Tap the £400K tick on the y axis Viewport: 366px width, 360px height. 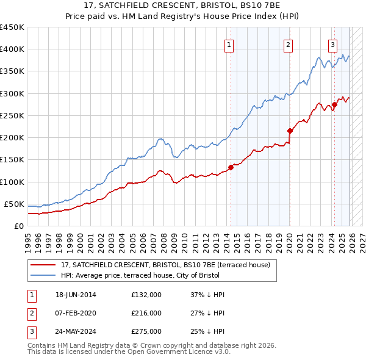point(12,49)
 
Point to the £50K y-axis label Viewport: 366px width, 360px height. point(14,204)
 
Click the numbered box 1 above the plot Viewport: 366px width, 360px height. point(229,45)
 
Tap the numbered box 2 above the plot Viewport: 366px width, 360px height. point(287,45)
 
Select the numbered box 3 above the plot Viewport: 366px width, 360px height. point(332,45)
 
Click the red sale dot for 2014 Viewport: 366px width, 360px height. point(231,167)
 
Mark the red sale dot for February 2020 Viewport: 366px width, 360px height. point(290,130)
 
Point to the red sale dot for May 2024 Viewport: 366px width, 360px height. point(334,104)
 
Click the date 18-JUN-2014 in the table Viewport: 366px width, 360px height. point(76,295)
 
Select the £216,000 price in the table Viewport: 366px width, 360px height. point(146,313)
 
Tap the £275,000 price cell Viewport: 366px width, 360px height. point(146,331)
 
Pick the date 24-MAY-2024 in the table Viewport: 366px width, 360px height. point(76,331)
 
